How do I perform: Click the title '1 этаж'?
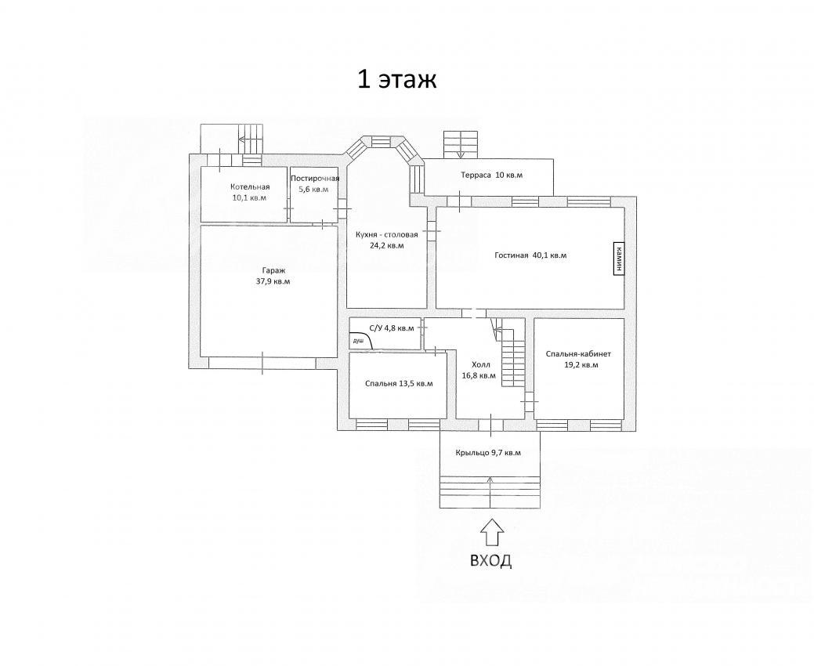(x=397, y=80)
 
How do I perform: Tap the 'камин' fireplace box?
(x=618, y=259)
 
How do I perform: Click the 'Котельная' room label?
(x=250, y=187)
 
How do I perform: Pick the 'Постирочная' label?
(x=315, y=179)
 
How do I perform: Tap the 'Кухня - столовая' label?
(x=387, y=234)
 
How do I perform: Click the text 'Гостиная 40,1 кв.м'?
(x=530, y=255)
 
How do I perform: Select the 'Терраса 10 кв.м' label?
(x=492, y=176)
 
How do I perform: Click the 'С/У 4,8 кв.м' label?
(x=392, y=328)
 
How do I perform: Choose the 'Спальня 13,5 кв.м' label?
(x=399, y=384)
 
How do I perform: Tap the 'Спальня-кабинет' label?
(x=578, y=354)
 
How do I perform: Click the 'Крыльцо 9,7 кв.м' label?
(x=489, y=453)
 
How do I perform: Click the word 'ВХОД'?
(x=490, y=561)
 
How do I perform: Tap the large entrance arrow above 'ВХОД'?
(x=491, y=533)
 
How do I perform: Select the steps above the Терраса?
(x=461, y=144)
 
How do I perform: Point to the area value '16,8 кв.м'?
(x=479, y=375)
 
